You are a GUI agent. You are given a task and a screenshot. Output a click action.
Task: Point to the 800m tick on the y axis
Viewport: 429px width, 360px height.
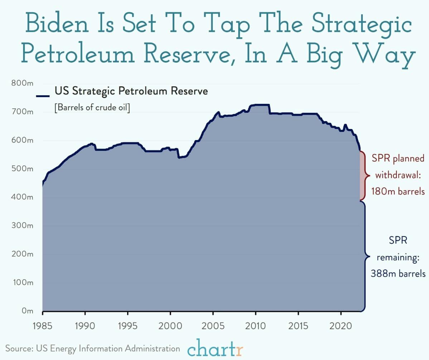coord(22,83)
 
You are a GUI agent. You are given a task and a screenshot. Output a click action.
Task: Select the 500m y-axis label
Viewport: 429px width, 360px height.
coord(22,169)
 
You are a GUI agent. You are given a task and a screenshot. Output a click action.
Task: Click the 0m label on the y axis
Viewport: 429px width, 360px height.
coord(27,311)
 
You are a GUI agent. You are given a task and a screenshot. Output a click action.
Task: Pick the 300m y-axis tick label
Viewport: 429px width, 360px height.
coord(22,226)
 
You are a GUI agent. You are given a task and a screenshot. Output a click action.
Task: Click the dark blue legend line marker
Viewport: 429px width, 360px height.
coord(43,96)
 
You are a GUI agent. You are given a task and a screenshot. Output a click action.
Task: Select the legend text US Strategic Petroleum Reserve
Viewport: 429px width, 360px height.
coord(131,91)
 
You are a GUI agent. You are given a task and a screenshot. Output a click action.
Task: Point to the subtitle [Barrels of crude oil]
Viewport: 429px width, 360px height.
coord(92,108)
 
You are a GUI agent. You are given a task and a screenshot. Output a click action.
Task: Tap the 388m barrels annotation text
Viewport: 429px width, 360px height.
coord(398,274)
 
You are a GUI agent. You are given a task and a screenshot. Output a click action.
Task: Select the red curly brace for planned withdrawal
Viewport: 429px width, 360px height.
coord(365,176)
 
